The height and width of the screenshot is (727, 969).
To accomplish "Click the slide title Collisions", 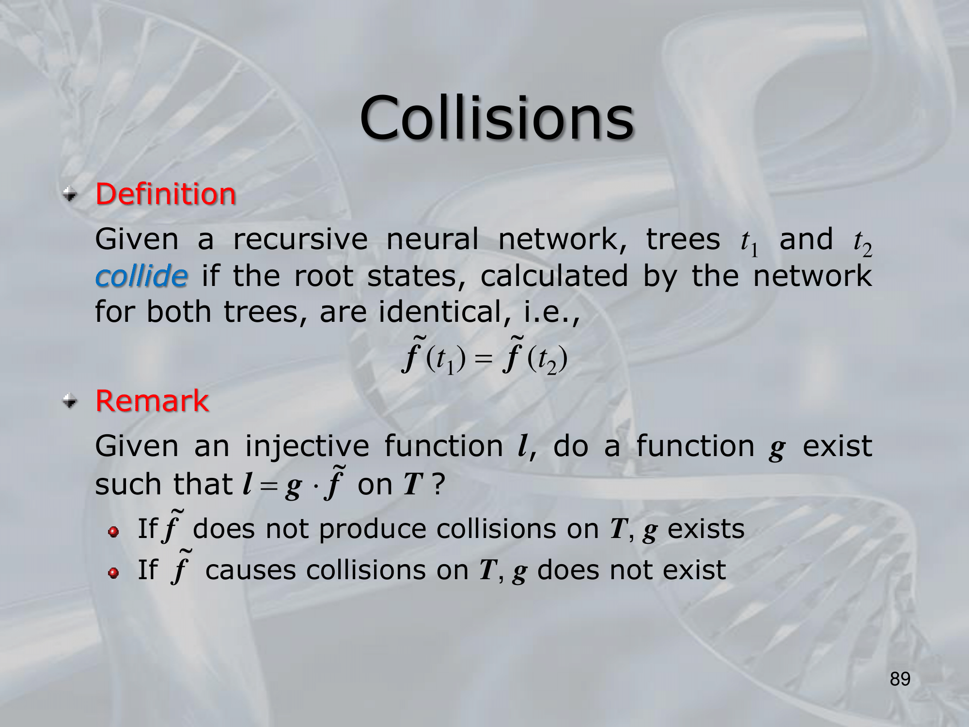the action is [497, 118].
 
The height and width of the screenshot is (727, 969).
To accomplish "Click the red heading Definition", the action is [166, 194].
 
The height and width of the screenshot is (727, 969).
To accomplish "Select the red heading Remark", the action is [152, 401].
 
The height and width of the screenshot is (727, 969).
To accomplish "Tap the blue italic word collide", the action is [141, 276].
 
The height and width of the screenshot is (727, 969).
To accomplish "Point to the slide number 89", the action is [900, 679].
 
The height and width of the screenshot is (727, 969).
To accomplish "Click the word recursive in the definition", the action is [300, 239].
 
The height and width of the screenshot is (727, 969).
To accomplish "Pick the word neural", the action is [432, 239].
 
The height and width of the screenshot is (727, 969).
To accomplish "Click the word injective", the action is [307, 446].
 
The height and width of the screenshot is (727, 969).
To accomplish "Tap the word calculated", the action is [554, 276].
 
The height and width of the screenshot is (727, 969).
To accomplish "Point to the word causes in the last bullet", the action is [250, 570].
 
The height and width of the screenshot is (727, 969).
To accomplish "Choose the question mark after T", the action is [438, 484].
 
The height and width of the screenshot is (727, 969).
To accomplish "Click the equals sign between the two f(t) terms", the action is [483, 360].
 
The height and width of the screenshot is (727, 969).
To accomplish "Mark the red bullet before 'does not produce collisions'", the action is [114, 532].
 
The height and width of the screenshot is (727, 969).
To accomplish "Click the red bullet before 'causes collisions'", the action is [114, 573].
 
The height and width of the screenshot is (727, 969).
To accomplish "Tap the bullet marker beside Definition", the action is [70, 195].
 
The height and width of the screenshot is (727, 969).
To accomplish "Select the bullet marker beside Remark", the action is [70, 401].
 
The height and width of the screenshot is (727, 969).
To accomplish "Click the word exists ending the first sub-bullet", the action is [706, 529].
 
